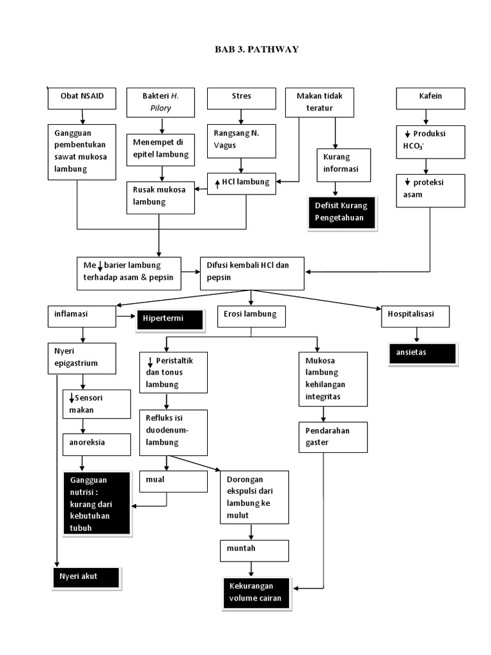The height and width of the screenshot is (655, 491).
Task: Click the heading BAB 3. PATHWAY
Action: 256,49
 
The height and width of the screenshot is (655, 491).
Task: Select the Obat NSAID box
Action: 82,98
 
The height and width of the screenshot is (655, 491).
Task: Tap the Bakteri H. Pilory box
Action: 160,102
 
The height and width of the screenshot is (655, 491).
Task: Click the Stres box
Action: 241,98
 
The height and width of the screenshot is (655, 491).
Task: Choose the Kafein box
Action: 430,98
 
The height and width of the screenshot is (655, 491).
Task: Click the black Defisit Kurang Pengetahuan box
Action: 343,212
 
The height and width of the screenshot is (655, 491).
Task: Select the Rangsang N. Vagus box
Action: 241,140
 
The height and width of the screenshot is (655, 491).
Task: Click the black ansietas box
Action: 422,353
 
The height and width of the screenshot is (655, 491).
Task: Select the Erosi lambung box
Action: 251,315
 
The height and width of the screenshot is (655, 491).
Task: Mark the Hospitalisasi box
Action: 416,315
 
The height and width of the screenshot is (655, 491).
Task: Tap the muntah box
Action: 253,550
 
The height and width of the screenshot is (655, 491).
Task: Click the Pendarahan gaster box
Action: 332,437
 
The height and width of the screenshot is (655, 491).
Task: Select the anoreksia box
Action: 97,443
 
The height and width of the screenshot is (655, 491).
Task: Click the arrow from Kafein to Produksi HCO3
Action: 425,117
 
